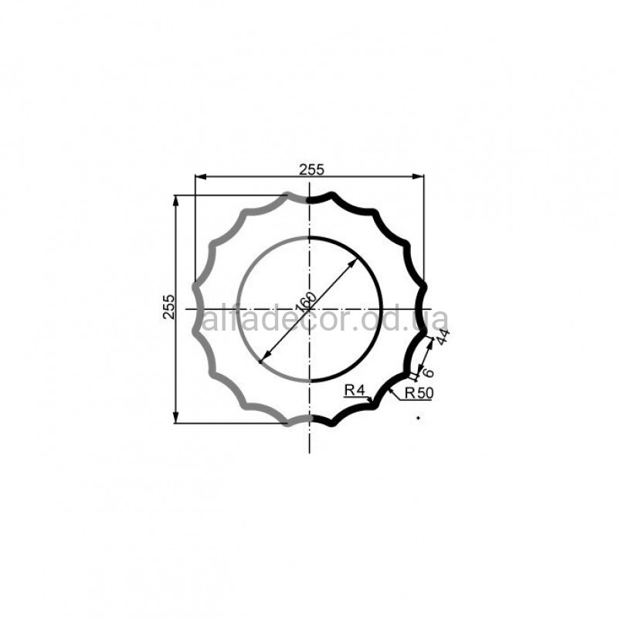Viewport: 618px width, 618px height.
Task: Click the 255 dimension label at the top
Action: click(311, 169)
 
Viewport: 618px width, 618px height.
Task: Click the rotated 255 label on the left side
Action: click(168, 307)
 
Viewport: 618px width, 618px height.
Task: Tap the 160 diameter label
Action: click(306, 302)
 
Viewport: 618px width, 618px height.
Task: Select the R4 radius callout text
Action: click(355, 390)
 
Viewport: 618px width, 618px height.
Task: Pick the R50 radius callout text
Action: click(419, 393)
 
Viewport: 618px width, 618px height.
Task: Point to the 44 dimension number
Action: click(443, 337)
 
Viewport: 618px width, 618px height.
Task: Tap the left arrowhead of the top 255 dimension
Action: click(201, 177)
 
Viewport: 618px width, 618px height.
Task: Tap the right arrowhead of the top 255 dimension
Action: click(419, 177)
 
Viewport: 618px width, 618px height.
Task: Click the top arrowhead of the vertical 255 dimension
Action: click(176, 201)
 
